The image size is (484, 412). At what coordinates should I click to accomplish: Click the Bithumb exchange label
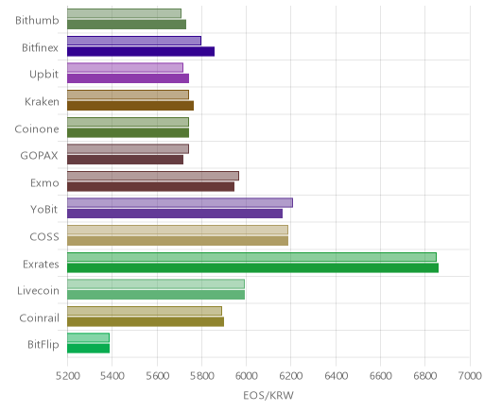pos(37,20)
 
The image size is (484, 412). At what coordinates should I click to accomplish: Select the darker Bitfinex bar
pos(141,51)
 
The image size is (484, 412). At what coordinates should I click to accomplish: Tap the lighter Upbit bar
pos(125,67)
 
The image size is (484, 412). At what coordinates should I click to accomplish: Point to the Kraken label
pos(42,101)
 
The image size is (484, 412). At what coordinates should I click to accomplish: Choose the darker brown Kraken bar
pos(130,106)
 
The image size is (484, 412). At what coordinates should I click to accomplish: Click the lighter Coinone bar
pos(128,122)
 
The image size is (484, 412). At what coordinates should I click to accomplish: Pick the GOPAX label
pos(39,156)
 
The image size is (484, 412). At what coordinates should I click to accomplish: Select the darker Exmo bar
pos(150,186)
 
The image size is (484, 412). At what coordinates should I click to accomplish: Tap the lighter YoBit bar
pos(180,203)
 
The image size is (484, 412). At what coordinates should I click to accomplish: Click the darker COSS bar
pos(178,241)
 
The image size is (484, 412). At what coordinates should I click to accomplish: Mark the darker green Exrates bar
pos(252,267)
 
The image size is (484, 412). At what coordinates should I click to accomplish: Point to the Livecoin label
pos(38,290)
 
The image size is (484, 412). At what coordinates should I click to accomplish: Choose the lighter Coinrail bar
pos(145,311)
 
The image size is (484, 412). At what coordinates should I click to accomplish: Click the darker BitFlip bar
pos(88,349)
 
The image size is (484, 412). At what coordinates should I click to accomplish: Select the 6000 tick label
pos(246,376)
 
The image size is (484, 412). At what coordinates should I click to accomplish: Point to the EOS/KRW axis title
pos(268,395)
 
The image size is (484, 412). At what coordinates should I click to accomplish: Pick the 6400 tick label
pos(336,376)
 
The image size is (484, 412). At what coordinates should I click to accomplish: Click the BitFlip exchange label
pos(43,345)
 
